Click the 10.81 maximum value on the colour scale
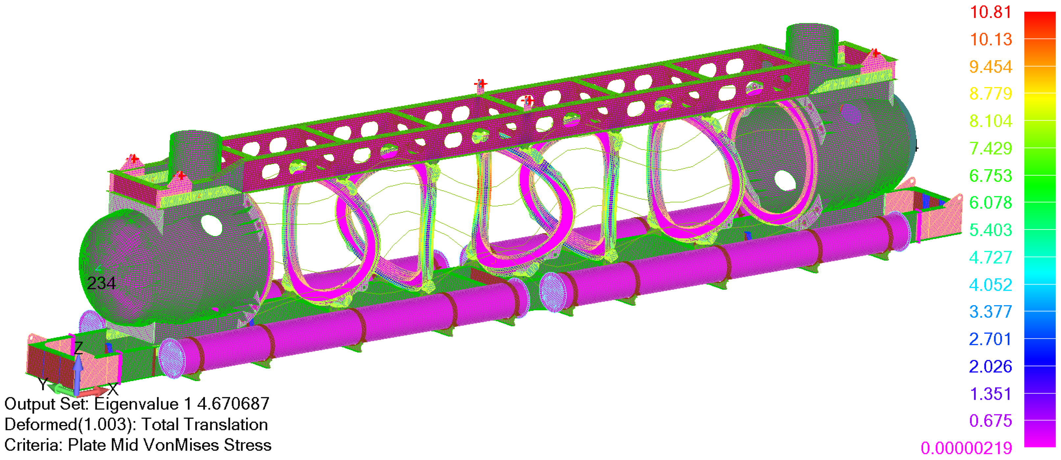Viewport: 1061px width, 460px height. click(x=991, y=12)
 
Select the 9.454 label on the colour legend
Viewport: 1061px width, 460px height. click(x=991, y=67)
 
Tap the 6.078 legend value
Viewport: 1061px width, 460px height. click(x=991, y=203)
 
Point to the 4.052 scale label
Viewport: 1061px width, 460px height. click(x=991, y=284)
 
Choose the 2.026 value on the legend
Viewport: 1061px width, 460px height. click(x=991, y=366)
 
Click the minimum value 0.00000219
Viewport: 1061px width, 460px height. click(x=966, y=448)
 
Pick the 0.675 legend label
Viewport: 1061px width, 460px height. click(x=991, y=421)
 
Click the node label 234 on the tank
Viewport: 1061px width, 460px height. click(x=101, y=283)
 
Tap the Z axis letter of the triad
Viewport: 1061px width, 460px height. click(x=78, y=348)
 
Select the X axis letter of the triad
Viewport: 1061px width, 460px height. click(x=113, y=388)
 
